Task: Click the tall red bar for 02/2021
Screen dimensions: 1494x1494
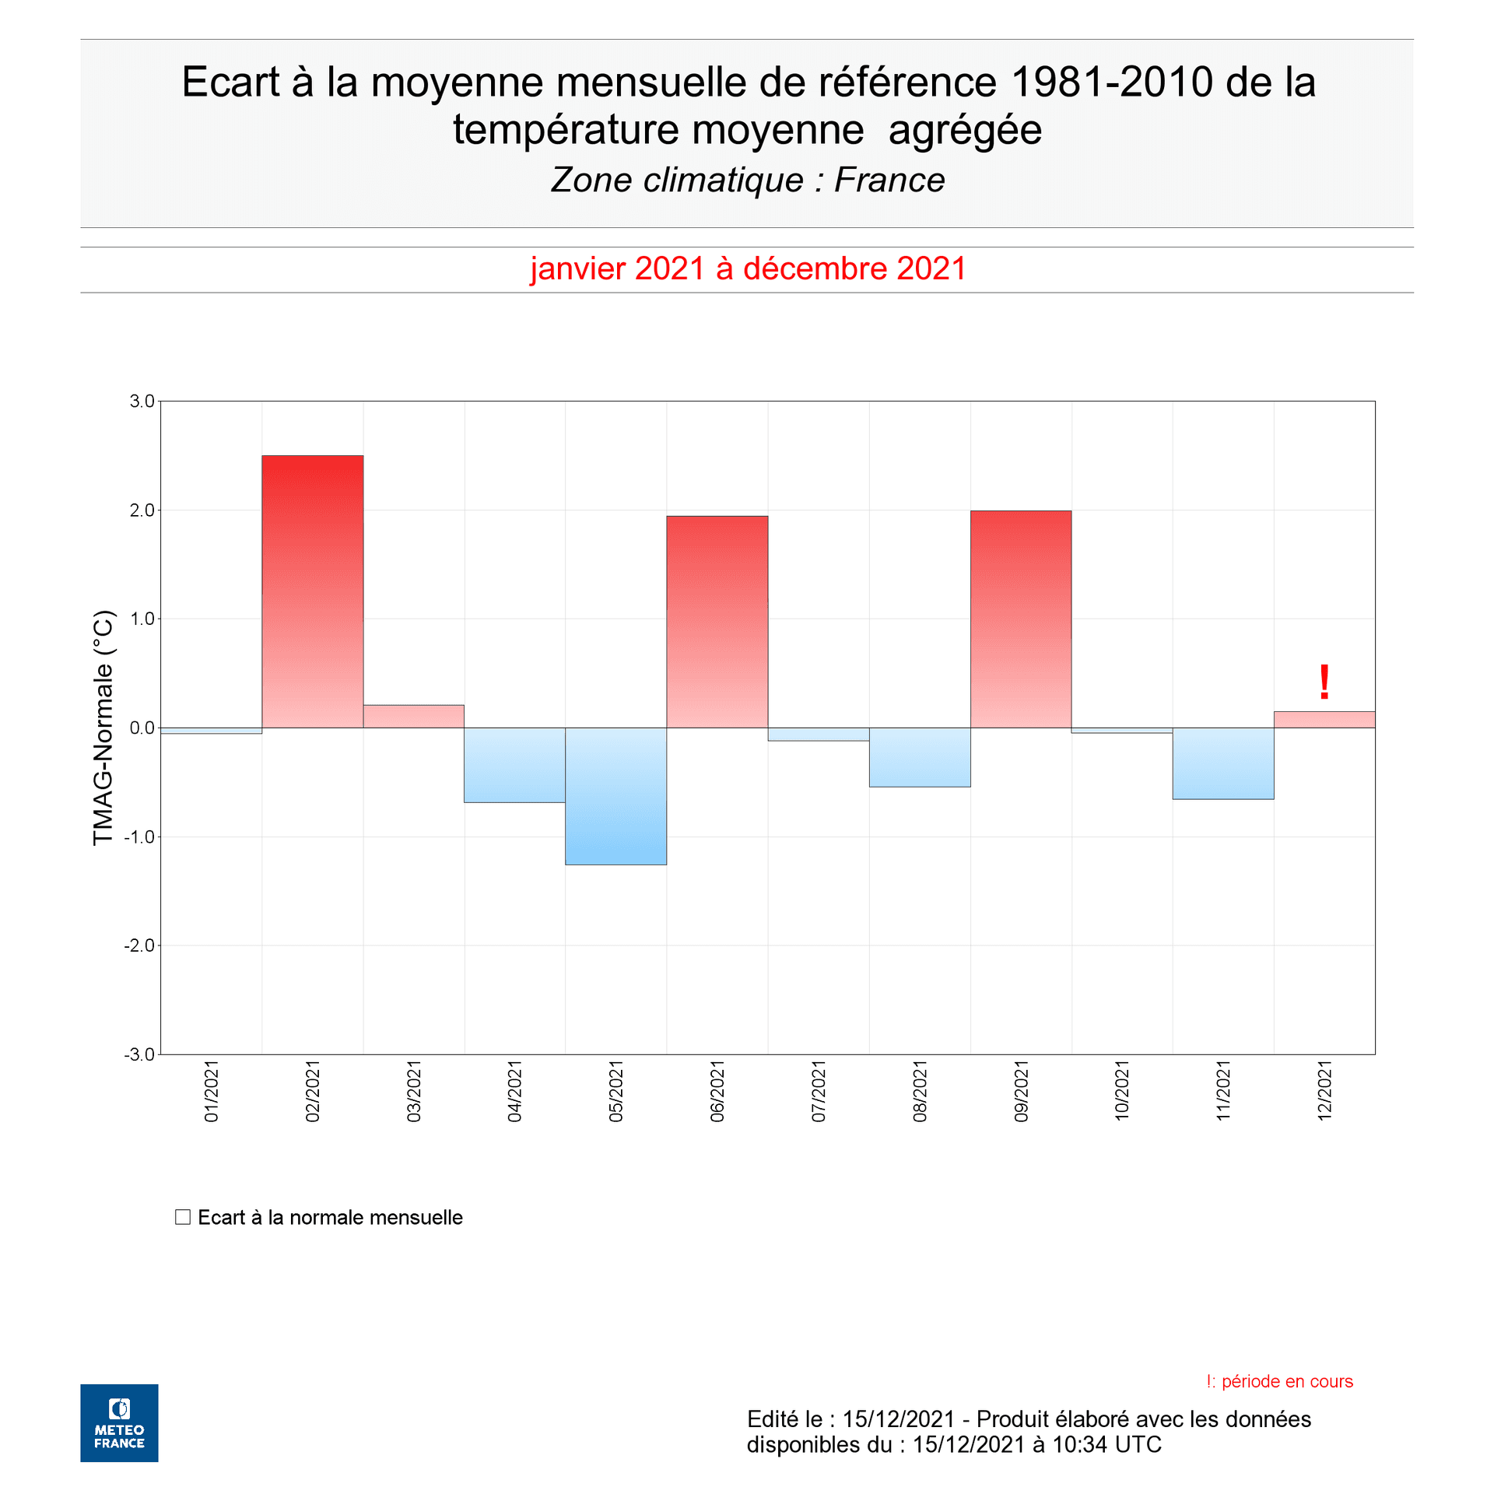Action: click(x=312, y=591)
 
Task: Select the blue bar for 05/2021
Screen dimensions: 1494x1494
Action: click(x=615, y=796)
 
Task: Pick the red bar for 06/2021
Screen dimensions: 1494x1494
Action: click(x=717, y=622)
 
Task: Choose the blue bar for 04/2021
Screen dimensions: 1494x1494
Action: click(x=514, y=765)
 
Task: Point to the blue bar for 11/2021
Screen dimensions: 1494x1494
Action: click(x=1222, y=763)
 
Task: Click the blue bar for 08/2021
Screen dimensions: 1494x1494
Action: click(x=919, y=757)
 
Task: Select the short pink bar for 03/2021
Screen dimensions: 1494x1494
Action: click(x=413, y=717)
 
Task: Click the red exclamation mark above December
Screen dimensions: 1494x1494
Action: click(x=1324, y=682)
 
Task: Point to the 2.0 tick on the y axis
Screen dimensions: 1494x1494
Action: click(x=142, y=510)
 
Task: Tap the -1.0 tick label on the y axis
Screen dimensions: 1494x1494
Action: click(x=139, y=837)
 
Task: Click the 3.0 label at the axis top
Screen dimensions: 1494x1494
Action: click(x=142, y=402)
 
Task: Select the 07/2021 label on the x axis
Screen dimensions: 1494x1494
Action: click(x=819, y=1090)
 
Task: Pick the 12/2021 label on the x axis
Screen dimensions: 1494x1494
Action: click(x=1324, y=1090)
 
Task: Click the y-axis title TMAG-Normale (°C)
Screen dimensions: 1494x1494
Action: click(x=103, y=728)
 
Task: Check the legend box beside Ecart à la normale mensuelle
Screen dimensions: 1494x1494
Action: click(x=183, y=1217)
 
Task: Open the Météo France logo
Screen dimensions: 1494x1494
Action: click(x=119, y=1422)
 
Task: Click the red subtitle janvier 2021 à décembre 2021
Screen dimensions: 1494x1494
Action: click(x=748, y=268)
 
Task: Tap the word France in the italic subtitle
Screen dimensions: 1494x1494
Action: click(x=889, y=181)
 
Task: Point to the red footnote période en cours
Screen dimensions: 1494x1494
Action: click(x=1286, y=1381)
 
